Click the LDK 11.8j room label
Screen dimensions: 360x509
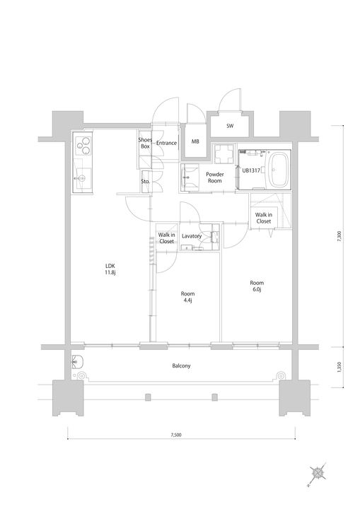click(110, 269)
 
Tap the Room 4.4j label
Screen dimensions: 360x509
click(187, 297)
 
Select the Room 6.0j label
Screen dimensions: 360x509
click(257, 286)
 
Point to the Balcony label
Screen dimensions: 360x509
click(181, 366)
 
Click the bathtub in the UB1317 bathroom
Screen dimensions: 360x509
click(279, 170)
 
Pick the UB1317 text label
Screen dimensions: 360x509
click(251, 170)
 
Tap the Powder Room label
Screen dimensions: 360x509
click(215, 177)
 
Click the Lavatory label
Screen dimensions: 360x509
click(192, 236)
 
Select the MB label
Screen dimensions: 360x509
click(195, 141)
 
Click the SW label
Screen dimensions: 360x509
click(230, 126)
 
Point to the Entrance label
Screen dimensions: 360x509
click(167, 143)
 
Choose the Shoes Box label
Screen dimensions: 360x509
click(145, 143)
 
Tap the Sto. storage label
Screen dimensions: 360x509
click(145, 182)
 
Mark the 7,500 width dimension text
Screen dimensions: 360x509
click(176, 435)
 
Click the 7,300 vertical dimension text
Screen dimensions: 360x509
click(339, 236)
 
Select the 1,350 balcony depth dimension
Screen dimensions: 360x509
click(339, 367)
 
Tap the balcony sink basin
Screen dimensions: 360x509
click(78, 361)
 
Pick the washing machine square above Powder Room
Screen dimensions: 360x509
click(224, 153)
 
